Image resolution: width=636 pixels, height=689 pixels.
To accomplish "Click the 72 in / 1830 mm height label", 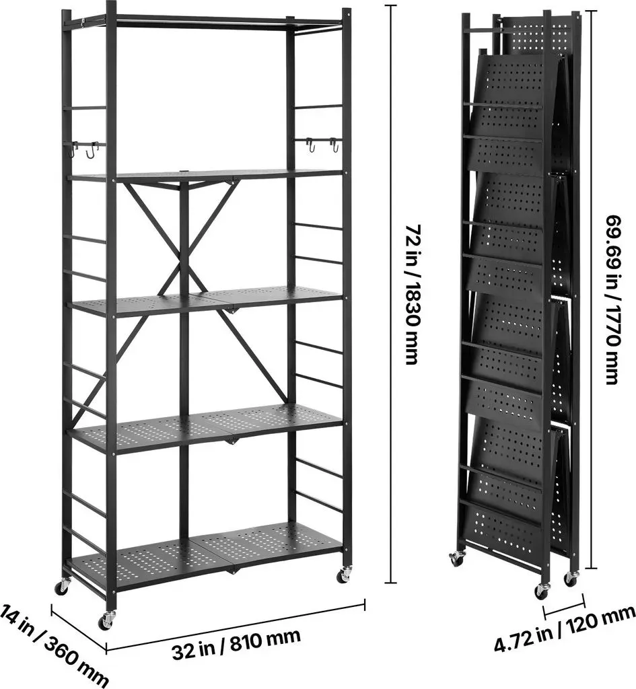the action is (413, 294).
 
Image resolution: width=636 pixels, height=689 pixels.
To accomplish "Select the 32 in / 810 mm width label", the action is (236, 643).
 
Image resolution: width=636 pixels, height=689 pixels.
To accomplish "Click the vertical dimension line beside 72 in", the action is (390, 294).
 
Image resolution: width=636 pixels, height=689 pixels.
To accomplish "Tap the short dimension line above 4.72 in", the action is (564, 606).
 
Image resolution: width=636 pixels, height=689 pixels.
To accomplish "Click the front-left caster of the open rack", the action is (106, 620).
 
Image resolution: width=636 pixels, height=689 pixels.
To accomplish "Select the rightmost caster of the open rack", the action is (343, 575).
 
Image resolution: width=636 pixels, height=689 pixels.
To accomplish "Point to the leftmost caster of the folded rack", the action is (456, 558).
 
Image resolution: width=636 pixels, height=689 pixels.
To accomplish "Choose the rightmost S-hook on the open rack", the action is (335, 145).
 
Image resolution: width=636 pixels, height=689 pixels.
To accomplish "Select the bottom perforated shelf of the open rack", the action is (207, 558).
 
